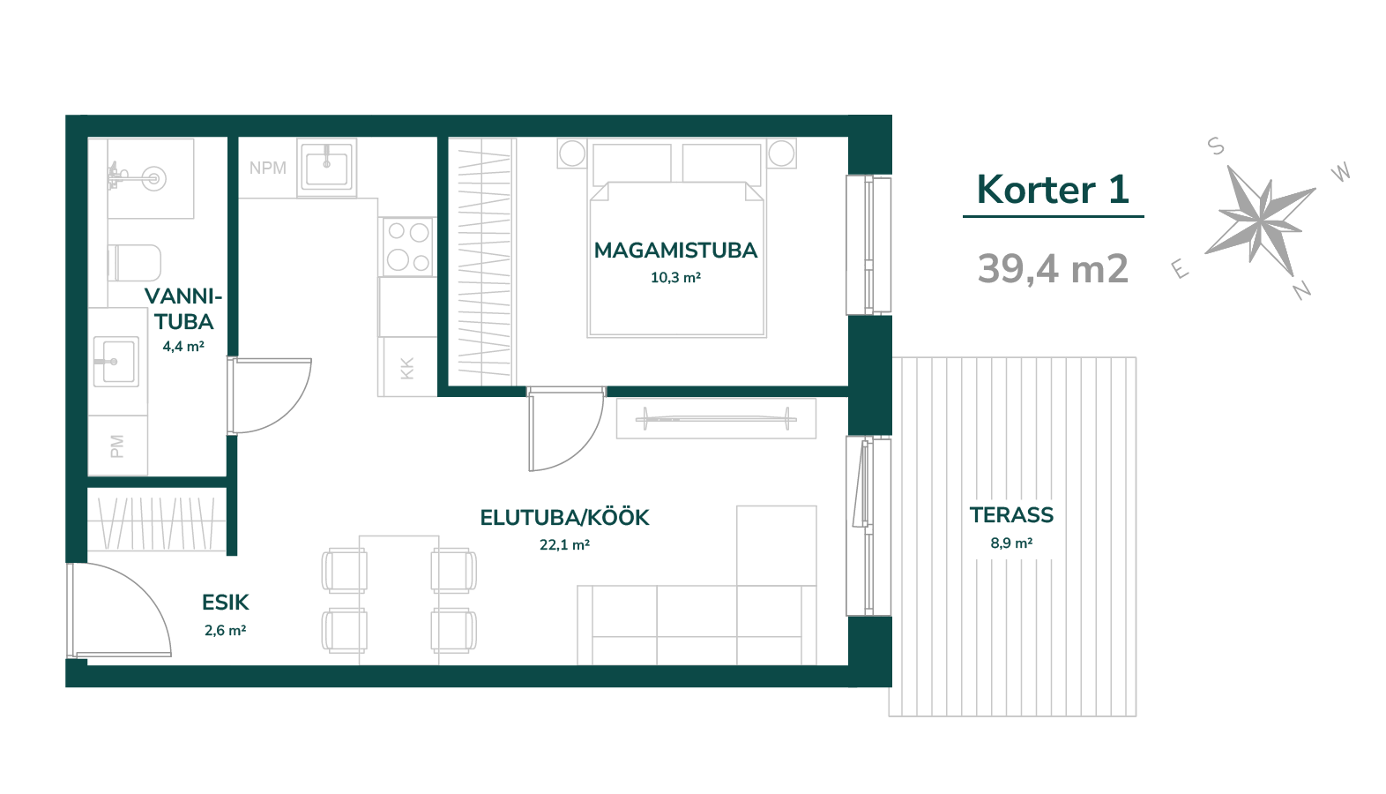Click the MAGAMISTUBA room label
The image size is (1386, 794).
675,251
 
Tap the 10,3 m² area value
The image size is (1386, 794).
675,278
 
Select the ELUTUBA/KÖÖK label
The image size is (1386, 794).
565,518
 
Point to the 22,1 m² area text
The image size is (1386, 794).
564,545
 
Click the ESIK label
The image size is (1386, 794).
225,603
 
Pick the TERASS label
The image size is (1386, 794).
1011,515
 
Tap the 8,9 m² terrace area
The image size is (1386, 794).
1011,543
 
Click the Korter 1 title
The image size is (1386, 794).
1053,190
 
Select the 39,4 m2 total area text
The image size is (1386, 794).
1053,269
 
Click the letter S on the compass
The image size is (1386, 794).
1216,146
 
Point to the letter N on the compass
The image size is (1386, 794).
1302,289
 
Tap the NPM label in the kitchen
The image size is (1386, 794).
268,168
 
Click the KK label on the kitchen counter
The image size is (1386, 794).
406,369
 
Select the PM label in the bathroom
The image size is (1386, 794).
117,446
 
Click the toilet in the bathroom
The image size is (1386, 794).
134,263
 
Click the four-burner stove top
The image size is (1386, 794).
407,246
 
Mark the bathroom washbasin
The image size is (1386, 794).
116,362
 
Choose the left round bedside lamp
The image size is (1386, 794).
571,154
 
